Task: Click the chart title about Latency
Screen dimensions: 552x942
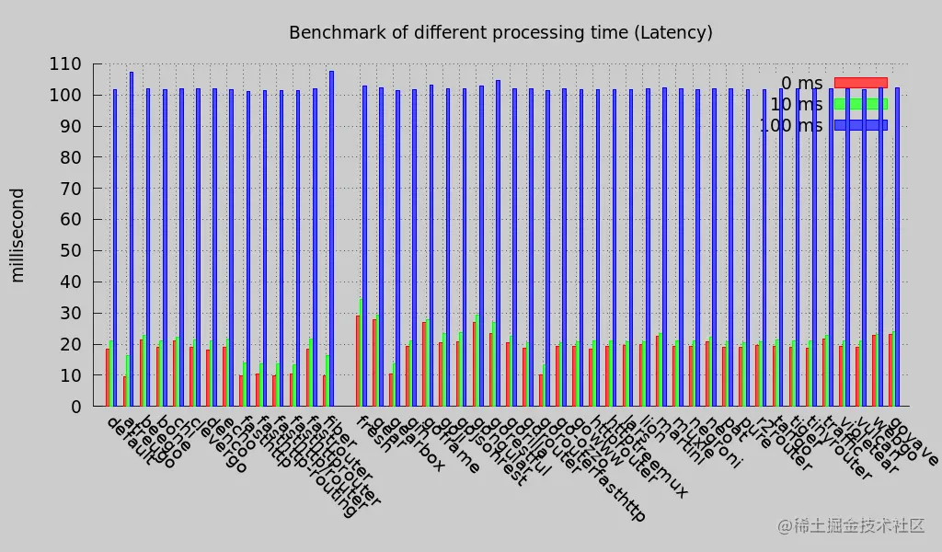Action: point(500,33)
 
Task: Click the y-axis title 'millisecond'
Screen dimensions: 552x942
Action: point(17,235)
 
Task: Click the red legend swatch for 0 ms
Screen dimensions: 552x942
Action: point(860,83)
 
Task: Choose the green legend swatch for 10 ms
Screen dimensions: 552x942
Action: point(860,104)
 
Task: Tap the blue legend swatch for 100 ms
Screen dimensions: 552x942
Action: point(860,125)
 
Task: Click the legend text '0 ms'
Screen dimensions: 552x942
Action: point(801,84)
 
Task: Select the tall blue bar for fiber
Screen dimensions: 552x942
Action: point(331,238)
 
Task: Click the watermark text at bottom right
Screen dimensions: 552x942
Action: point(851,525)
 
